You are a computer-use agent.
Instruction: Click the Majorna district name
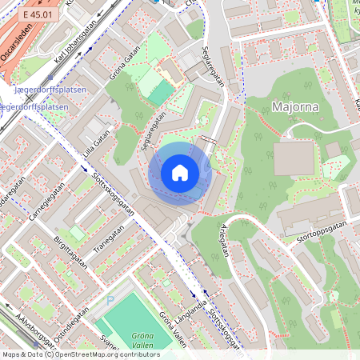point(295,107)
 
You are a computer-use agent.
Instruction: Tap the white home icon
point(179,173)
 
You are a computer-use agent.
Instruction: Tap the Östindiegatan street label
point(69,308)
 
